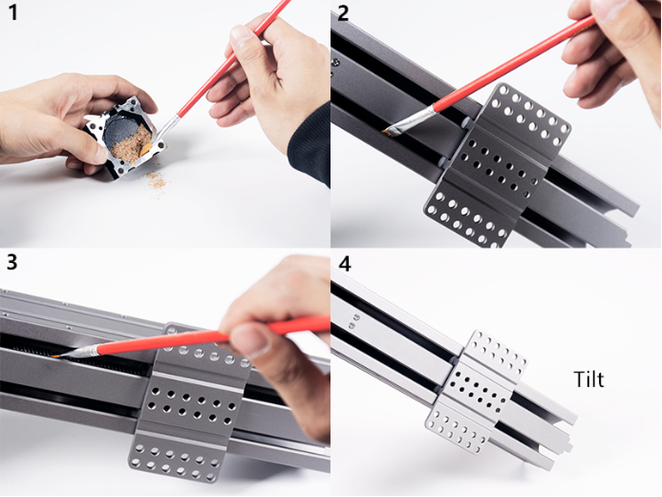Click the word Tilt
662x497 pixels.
click(589, 379)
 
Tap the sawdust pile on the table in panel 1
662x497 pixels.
click(154, 178)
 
